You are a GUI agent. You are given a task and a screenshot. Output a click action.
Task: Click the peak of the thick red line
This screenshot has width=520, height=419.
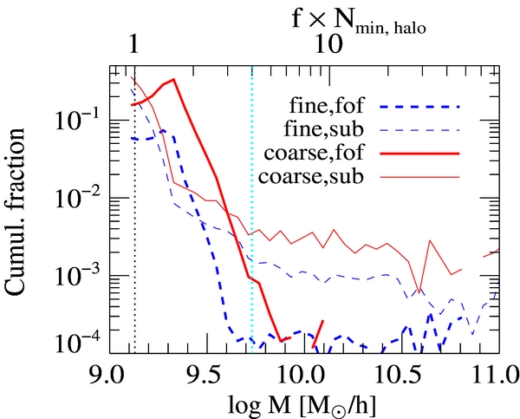pyautogui.click(x=174, y=80)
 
